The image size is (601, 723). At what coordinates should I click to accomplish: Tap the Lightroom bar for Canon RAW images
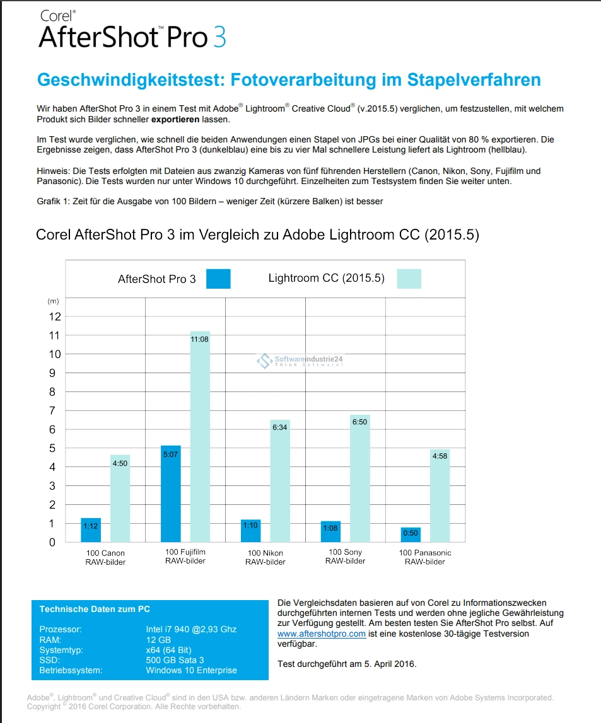pyautogui.click(x=120, y=498)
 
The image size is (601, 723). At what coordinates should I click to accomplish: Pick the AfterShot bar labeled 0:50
pyautogui.click(x=411, y=535)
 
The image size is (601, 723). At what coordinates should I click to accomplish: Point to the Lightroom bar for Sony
pyautogui.click(x=360, y=479)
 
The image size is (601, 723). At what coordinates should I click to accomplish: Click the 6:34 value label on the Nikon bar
pyautogui.click(x=279, y=427)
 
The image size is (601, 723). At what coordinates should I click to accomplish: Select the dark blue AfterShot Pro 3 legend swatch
pyautogui.click(x=218, y=279)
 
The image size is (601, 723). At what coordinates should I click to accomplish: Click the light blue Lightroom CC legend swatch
pyautogui.click(x=409, y=279)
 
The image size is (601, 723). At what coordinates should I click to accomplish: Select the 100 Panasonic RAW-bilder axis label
pyautogui.click(x=425, y=557)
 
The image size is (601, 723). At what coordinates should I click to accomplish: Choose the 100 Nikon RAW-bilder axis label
pyautogui.click(x=265, y=557)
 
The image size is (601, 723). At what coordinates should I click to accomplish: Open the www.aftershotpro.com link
pyautogui.click(x=321, y=633)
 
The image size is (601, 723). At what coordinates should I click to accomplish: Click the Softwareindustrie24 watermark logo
pyautogui.click(x=263, y=361)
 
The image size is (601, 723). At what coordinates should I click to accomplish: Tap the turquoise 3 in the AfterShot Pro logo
pyautogui.click(x=219, y=37)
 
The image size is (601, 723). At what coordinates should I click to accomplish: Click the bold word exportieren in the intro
pyautogui.click(x=175, y=119)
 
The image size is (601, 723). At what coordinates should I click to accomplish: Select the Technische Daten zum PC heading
pyautogui.click(x=95, y=609)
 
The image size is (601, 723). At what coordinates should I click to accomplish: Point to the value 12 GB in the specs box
pyautogui.click(x=158, y=640)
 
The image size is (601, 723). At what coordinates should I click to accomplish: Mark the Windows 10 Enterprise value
pyautogui.click(x=191, y=670)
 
